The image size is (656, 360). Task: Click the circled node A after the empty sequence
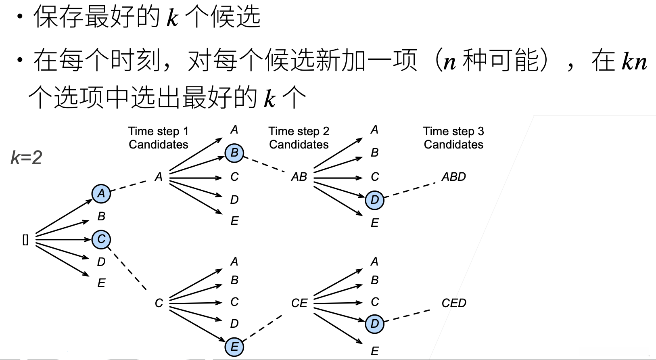coord(101,194)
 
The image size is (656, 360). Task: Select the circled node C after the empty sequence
coord(101,239)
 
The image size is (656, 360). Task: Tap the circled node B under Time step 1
coord(234,153)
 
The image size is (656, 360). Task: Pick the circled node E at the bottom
coord(234,347)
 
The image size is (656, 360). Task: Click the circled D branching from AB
coord(374,200)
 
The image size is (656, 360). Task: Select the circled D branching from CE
coord(374,324)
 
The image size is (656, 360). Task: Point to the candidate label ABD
coord(453,177)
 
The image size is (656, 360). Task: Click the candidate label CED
coord(453,303)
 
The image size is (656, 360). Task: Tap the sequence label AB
coord(299,177)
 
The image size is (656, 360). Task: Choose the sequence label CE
coord(299,303)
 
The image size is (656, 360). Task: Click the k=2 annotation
coord(26,157)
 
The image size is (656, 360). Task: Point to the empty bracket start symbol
coord(25,240)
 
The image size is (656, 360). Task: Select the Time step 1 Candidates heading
coord(159,138)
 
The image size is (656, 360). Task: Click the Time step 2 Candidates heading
coord(299,138)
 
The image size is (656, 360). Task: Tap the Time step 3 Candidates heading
coord(453,138)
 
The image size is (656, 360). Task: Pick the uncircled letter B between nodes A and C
coord(101,216)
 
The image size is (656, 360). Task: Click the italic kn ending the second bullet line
coord(634,61)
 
